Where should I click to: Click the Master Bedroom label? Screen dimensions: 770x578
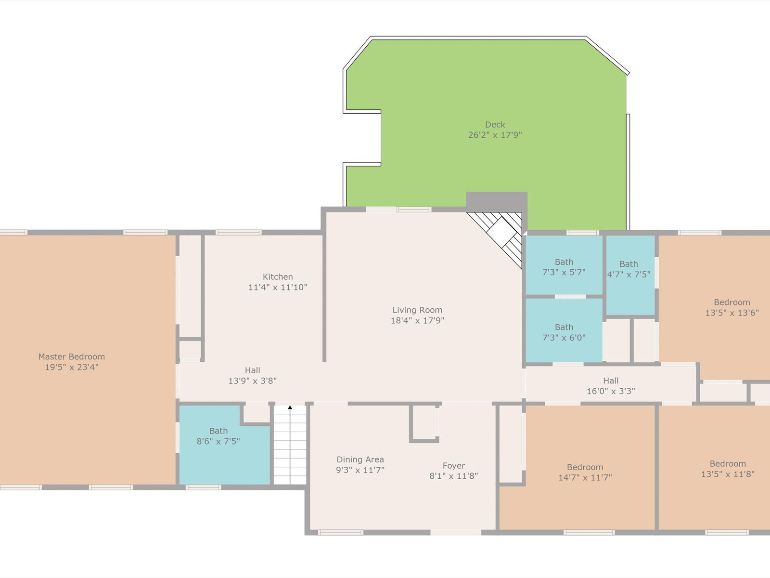point(72,356)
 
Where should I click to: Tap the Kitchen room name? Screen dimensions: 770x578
point(278,276)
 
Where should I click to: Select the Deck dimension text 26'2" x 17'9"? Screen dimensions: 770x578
point(495,135)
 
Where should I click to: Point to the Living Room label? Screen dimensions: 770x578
point(417,310)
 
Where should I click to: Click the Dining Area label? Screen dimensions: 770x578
point(360,460)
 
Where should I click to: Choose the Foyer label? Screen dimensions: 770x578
point(454,466)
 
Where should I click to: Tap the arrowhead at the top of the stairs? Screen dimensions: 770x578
point(290,407)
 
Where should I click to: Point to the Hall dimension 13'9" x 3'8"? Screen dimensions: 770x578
point(253,381)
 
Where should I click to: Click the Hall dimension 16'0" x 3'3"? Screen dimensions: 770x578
point(611,391)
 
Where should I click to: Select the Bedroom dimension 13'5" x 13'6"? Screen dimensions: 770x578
point(732,313)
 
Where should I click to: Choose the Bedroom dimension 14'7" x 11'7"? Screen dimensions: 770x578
point(585,477)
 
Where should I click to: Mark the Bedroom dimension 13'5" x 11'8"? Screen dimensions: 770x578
point(728,474)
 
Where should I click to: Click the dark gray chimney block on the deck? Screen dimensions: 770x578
point(497,202)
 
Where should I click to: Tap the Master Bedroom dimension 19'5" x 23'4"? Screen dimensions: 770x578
point(72,367)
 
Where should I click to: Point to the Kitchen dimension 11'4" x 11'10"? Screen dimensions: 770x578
point(278,287)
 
